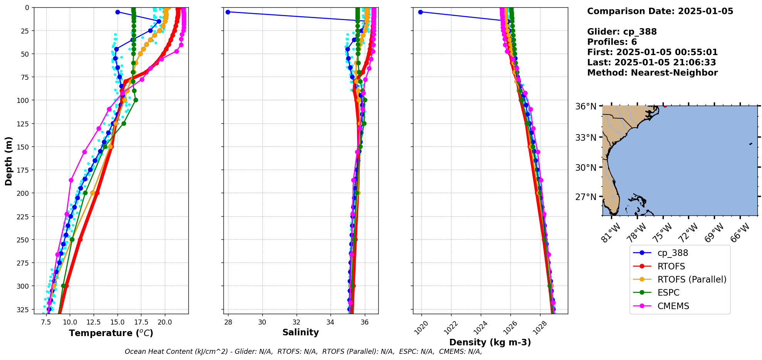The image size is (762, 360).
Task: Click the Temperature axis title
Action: click(111, 333)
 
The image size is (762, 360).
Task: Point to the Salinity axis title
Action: click(300, 332)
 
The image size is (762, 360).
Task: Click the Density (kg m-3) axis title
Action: click(490, 342)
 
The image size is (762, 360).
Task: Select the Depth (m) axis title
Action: click(8, 161)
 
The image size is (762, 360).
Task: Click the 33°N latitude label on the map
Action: click(586, 138)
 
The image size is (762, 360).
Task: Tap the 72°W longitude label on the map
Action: click(688, 233)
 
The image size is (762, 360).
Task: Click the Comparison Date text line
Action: click(660, 11)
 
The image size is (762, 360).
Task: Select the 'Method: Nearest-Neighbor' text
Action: click(652, 73)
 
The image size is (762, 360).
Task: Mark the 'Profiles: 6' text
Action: click(612, 42)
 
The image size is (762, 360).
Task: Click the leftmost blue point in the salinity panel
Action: click(228, 12)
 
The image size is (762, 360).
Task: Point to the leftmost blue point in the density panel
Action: click(420, 12)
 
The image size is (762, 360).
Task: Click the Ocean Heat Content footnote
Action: click(303, 352)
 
